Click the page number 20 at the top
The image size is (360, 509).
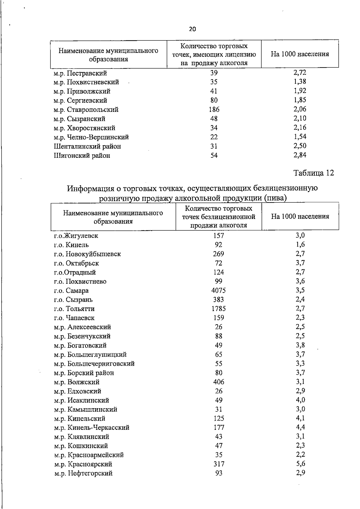coord(192,29)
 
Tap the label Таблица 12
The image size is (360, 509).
coord(313,173)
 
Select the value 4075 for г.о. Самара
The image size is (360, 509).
coord(218,290)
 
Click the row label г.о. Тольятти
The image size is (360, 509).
coord(74,309)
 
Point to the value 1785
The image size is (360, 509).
coord(218,309)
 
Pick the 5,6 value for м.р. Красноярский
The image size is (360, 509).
coord(300,464)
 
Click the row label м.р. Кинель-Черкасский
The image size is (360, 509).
coord(91,427)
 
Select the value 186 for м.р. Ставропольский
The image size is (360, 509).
coord(214,109)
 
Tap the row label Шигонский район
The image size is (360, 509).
coord(82,155)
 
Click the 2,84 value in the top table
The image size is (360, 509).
coord(300,155)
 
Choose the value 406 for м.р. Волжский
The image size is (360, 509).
coord(218,382)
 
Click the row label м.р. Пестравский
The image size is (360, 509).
coord(80,73)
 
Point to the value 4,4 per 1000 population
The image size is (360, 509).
coord(300,427)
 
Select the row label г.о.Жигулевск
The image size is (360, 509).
coord(76,236)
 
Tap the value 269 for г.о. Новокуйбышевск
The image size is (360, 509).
coord(218,254)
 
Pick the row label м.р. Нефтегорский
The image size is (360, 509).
coord(83,473)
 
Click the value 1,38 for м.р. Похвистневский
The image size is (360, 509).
coord(300,82)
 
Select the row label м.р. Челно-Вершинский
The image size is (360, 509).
coord(91,137)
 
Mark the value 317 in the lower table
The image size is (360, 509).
coord(218,464)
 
